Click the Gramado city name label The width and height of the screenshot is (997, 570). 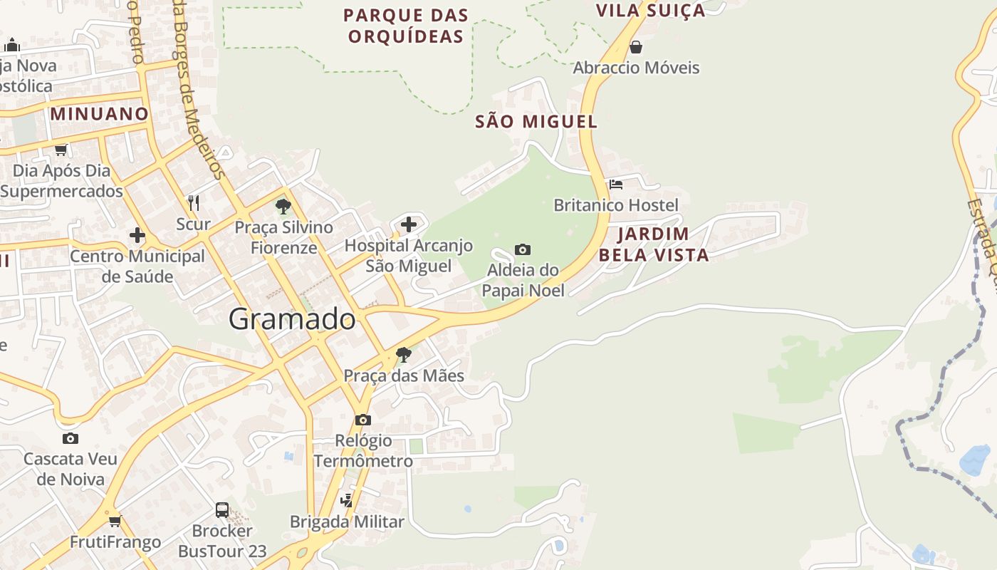pyautogui.click(x=292, y=319)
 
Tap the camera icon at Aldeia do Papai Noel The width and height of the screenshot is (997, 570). pyautogui.click(x=523, y=249)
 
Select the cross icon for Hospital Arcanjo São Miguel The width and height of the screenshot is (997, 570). pyautogui.click(x=409, y=224)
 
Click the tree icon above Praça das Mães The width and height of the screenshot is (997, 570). pyautogui.click(x=404, y=354)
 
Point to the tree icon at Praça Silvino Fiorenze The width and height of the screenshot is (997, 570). pyautogui.click(x=283, y=207)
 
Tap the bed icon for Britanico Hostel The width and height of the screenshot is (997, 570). pyautogui.click(x=616, y=185)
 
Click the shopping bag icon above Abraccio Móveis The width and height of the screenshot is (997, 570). pyautogui.click(x=636, y=47)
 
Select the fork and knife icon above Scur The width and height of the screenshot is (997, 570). pyautogui.click(x=193, y=202)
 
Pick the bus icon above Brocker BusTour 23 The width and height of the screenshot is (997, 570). pyautogui.click(x=222, y=510)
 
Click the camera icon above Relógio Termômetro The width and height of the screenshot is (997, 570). pyautogui.click(x=363, y=420)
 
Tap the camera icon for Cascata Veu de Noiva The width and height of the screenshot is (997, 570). pyautogui.click(x=70, y=438)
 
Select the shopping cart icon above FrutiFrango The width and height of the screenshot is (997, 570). pyautogui.click(x=115, y=522)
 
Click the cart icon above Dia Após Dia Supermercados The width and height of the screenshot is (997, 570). pyautogui.click(x=61, y=150)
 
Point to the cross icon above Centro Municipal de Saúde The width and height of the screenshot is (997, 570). pyautogui.click(x=137, y=235)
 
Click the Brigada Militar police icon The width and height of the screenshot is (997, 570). pyautogui.click(x=346, y=501)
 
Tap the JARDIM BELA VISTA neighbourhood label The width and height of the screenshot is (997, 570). pyautogui.click(x=654, y=244)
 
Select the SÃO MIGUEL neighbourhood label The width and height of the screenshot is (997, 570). pyautogui.click(x=536, y=122)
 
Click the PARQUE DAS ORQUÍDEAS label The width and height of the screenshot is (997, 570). pyautogui.click(x=406, y=26)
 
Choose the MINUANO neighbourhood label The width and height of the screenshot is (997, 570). pyautogui.click(x=99, y=113)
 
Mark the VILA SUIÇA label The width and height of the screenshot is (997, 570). pyautogui.click(x=650, y=10)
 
